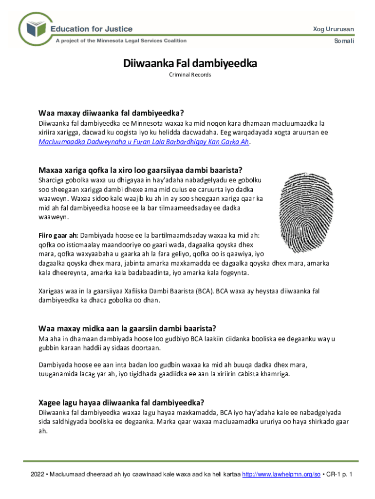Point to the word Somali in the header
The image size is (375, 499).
coord(344,41)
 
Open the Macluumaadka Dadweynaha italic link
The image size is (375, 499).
coord(144,142)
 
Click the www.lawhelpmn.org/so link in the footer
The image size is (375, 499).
coord(281,474)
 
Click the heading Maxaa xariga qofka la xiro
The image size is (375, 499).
coord(140,170)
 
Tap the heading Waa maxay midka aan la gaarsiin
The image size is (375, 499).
coord(127,327)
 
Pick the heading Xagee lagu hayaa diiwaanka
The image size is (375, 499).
coord(121,403)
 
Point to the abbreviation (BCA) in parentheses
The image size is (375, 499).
coord(203,291)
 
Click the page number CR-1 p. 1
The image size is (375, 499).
coord(339,474)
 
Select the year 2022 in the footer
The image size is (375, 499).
coord(37,474)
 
